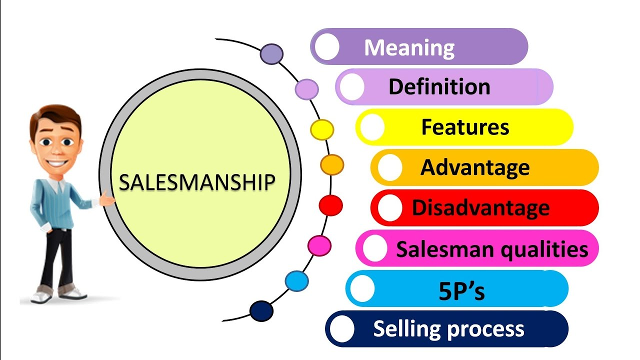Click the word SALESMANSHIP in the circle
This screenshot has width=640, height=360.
pos(197,182)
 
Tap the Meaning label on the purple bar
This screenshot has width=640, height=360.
pos(409,48)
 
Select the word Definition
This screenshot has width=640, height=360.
pos(439,87)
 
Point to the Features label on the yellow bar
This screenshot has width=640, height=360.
pos(465,127)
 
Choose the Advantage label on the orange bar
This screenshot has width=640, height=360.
pos(474,167)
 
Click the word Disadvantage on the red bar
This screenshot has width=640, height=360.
pos(480,207)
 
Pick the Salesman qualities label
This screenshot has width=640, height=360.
pos(492,248)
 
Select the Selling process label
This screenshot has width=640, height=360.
pos(448,328)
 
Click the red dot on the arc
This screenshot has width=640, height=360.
pos(330,205)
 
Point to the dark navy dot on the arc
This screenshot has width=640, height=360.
pos(261,311)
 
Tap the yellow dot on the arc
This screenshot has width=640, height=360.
pos(322,129)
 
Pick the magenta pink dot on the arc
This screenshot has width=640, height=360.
pos(319,245)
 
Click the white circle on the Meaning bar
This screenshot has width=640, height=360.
pos(327,47)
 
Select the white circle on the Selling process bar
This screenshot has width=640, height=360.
pos(341,329)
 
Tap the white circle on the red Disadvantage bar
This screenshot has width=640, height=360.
pos(389,208)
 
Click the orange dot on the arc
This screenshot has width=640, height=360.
pos(332,164)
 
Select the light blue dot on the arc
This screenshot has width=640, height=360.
pos(297,281)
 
